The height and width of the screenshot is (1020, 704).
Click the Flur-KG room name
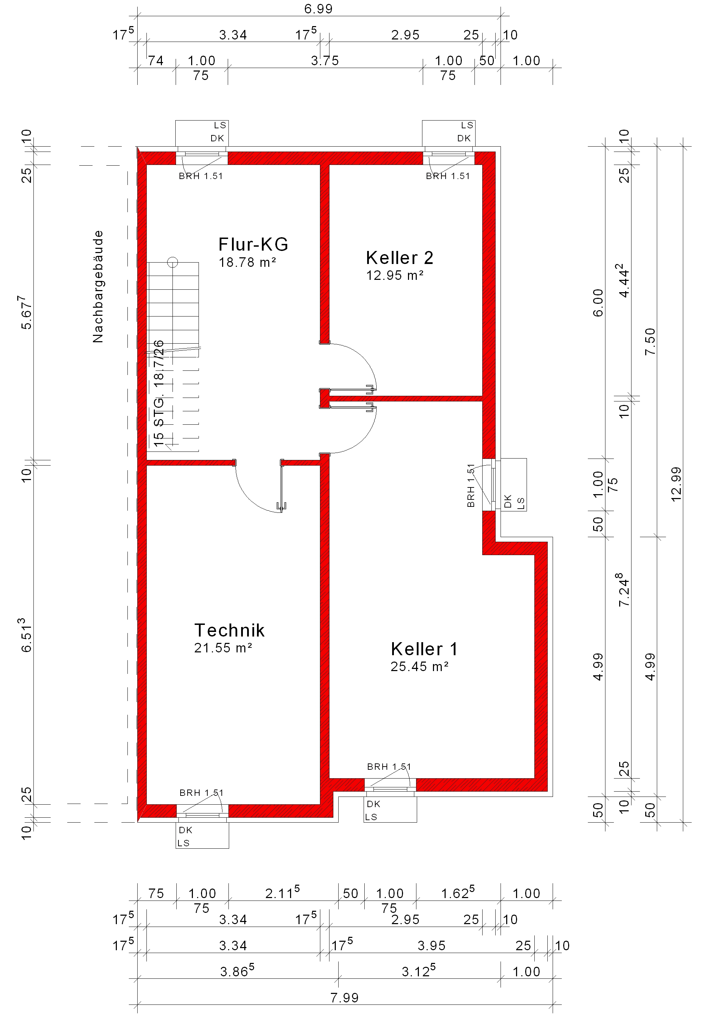(253, 244)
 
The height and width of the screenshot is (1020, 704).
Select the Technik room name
(230, 630)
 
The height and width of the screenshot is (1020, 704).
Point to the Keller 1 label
(425, 649)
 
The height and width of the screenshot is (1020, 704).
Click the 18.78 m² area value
(247, 262)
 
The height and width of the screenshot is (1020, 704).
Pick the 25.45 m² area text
(420, 666)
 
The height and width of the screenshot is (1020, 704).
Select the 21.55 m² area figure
(223, 648)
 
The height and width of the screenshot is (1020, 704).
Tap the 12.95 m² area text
(395, 275)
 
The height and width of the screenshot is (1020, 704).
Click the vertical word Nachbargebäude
(98, 287)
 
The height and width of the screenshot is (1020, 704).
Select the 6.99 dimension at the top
(319, 9)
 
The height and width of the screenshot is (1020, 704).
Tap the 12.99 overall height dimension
(676, 484)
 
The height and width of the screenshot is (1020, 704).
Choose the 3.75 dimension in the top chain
(325, 61)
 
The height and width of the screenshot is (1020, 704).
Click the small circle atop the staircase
(172, 263)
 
